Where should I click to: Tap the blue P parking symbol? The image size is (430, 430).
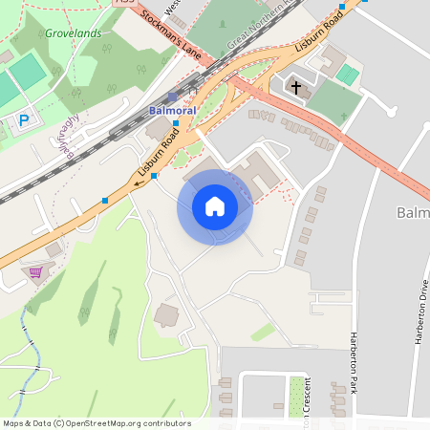(x=24, y=120)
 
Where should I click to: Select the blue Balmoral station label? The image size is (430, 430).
(x=173, y=111)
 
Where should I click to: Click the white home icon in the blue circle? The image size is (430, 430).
(x=215, y=207)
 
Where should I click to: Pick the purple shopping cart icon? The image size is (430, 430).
(x=35, y=273)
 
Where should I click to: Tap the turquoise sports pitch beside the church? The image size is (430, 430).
(x=348, y=74)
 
